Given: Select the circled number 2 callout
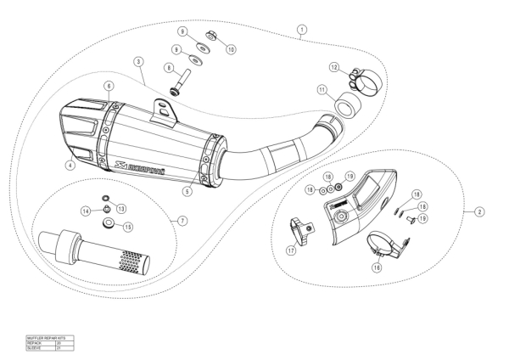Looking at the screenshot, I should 479,210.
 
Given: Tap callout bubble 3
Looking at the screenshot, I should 137,62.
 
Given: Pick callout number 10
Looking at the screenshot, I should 230,49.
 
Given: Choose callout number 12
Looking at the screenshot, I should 335,67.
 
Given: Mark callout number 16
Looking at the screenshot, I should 377,267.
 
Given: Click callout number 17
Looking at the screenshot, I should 291,250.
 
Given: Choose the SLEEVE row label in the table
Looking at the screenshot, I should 36,347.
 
